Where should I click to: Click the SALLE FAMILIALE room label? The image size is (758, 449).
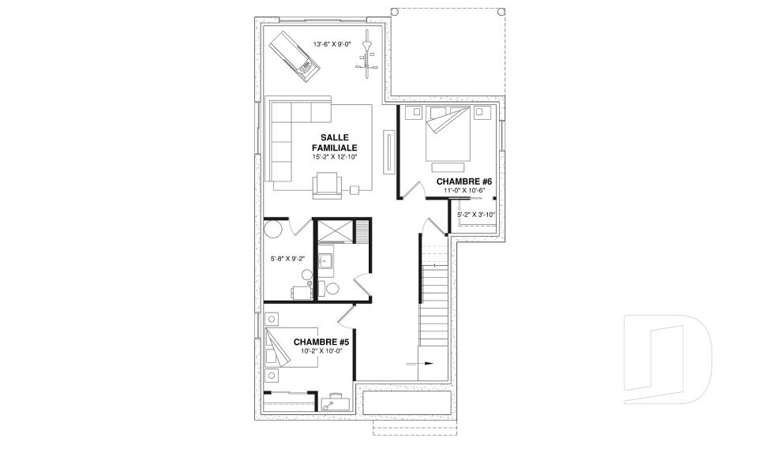point(334,143)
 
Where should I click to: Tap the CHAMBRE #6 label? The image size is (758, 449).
point(464,181)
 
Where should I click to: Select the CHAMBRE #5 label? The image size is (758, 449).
point(321,342)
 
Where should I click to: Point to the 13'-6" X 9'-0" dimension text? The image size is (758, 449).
point(332,44)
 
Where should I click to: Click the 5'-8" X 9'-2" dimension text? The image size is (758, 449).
point(287,259)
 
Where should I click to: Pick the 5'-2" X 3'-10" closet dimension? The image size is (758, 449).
point(476,215)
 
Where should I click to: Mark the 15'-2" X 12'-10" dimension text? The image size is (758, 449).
point(335,157)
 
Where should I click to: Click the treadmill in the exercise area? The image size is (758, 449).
point(295,57)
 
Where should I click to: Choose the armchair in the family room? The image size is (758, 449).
point(327,185)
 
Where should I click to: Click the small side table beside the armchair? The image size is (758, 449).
point(355,190)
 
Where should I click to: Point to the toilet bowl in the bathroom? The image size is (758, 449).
point(332,290)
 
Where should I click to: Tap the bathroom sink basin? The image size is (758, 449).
point(325,261)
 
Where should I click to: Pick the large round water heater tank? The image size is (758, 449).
point(274,229)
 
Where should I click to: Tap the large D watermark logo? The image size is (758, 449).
point(668,359)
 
